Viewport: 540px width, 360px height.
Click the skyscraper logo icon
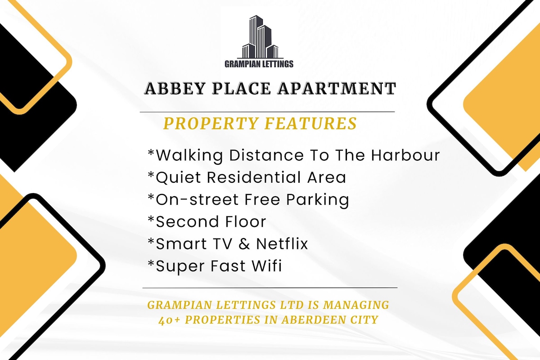coord(260,37)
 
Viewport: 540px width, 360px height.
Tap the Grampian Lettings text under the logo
coord(259,64)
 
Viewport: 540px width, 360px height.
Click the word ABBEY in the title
coord(175,88)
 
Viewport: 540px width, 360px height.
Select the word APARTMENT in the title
coord(337,88)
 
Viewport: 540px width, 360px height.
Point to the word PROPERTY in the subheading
coord(211,123)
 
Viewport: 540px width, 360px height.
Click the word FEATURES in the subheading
coord(310,123)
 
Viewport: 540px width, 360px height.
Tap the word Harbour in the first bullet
coord(405,155)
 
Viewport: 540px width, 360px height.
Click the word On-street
coord(197,200)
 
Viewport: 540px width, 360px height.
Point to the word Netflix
coord(282,243)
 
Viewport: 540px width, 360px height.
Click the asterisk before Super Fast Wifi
coord(151,263)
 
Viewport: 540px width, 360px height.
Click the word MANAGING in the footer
coord(356,305)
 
